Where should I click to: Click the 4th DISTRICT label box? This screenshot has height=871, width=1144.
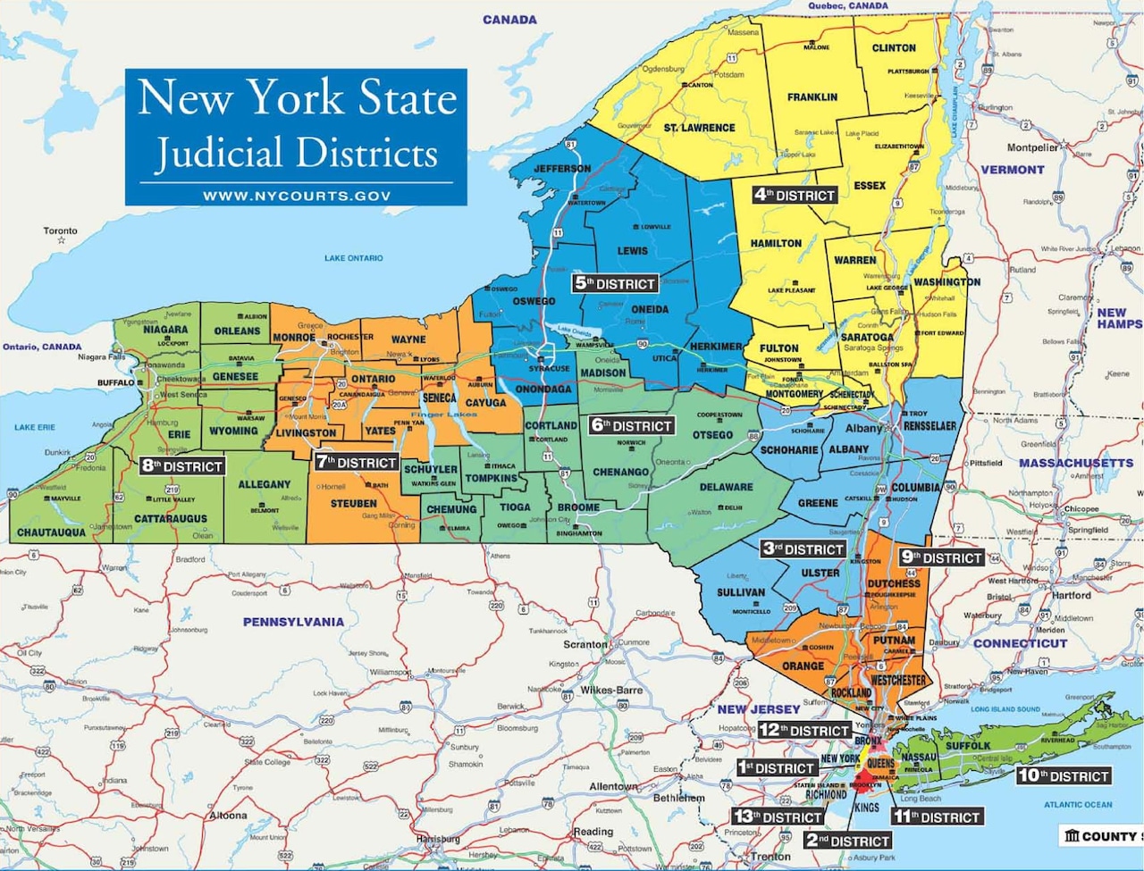click(794, 195)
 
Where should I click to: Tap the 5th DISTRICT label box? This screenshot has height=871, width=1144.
click(616, 284)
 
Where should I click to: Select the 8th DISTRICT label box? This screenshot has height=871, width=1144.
click(182, 466)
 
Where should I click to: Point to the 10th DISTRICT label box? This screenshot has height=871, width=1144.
click(1063, 776)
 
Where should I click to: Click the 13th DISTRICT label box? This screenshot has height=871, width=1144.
click(778, 817)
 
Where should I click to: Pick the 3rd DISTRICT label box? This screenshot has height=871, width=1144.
click(803, 549)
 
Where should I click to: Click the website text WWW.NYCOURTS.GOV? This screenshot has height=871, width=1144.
click(296, 196)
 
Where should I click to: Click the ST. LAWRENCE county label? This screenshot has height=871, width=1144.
click(699, 128)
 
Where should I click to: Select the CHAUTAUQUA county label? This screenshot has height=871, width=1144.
click(51, 532)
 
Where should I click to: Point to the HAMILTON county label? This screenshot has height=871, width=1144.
click(776, 243)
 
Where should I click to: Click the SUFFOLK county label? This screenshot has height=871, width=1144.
click(969, 745)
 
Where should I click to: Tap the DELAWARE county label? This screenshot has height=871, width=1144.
click(726, 487)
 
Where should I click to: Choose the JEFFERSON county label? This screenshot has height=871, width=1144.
click(562, 168)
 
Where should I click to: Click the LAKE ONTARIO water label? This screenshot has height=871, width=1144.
click(354, 258)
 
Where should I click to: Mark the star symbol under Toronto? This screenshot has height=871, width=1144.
click(61, 240)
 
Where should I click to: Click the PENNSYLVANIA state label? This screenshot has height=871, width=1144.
click(293, 622)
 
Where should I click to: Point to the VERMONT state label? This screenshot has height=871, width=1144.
click(1013, 170)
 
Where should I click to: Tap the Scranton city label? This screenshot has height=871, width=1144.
click(585, 644)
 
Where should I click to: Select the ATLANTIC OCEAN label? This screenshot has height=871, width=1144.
click(1079, 805)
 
